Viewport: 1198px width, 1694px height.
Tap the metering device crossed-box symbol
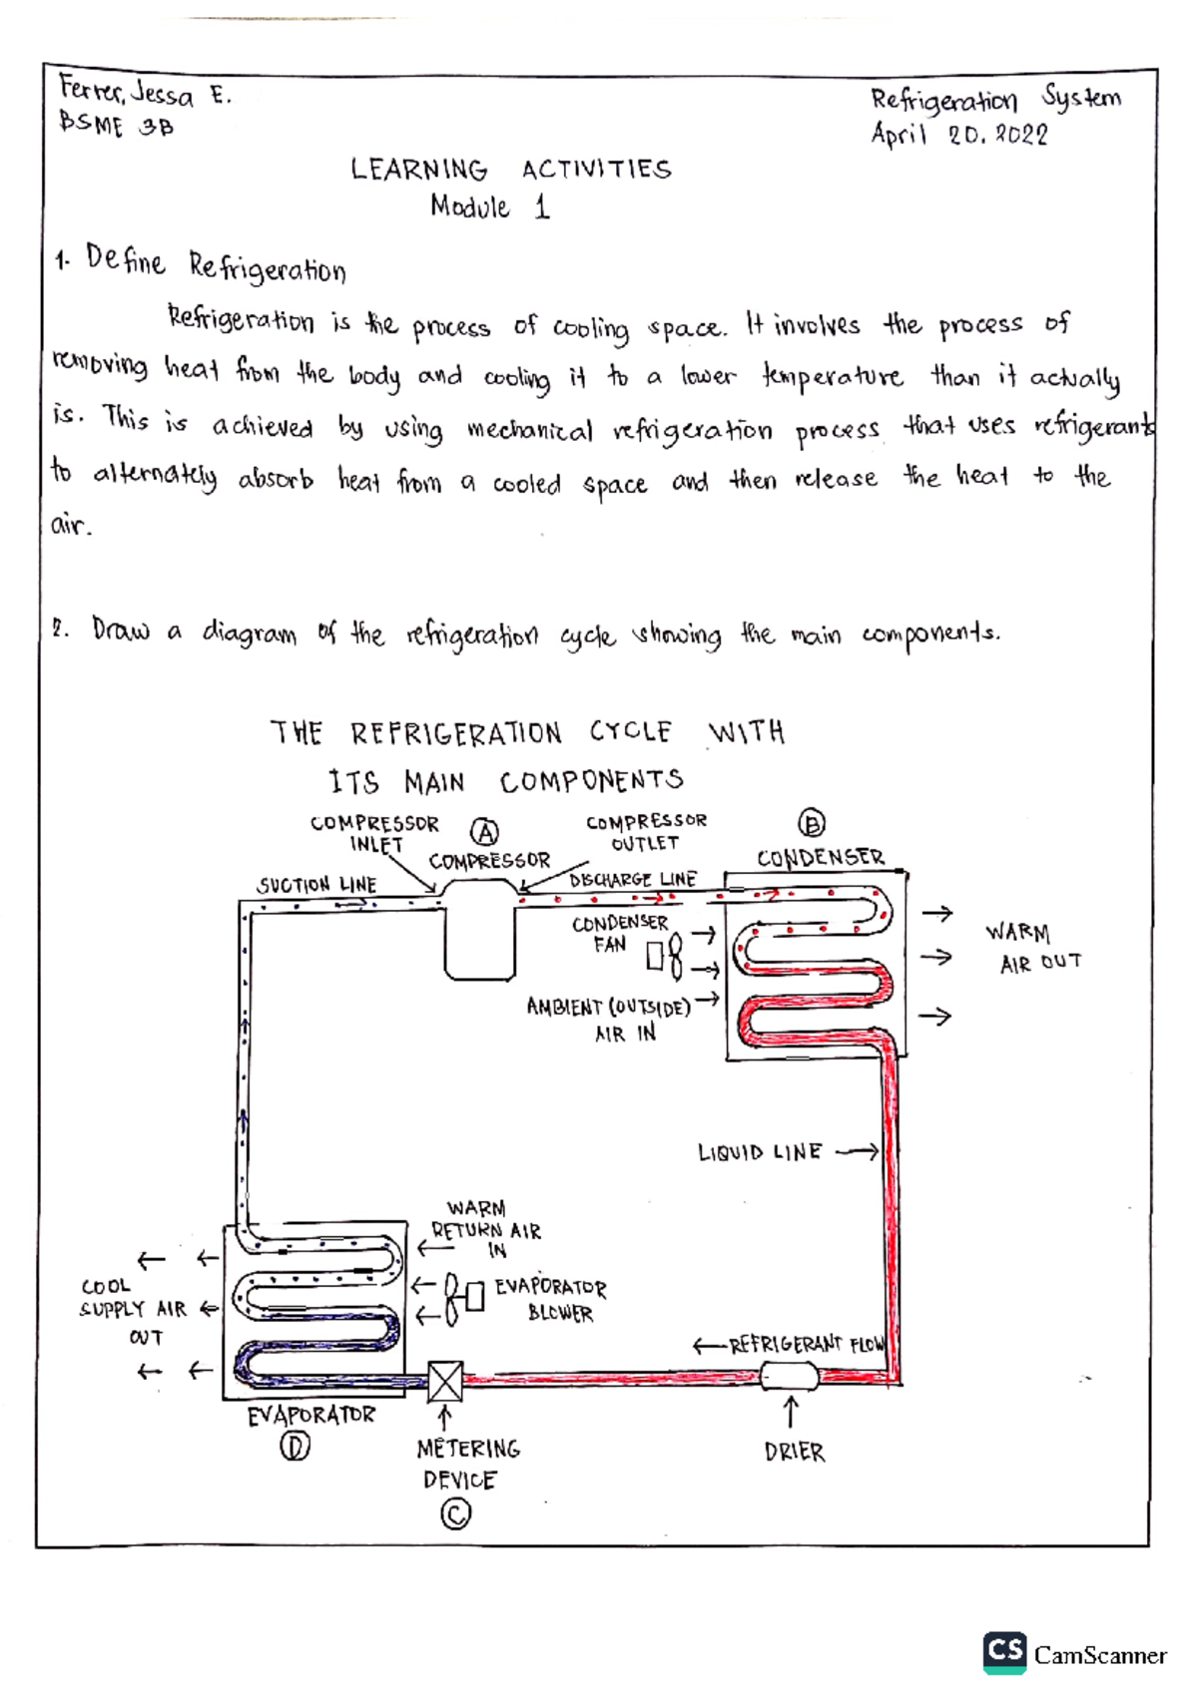pyautogui.click(x=445, y=1382)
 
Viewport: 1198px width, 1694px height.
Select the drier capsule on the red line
pyautogui.click(x=790, y=1377)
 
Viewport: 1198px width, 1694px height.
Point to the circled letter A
pyautogui.click(x=485, y=832)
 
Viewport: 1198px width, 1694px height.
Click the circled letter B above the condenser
pyautogui.click(x=812, y=824)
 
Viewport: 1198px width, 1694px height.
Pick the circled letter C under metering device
pyautogui.click(x=455, y=1515)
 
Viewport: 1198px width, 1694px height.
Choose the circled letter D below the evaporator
pyautogui.click(x=295, y=1446)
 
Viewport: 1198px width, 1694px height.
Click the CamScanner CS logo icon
pyautogui.click(x=1004, y=1652)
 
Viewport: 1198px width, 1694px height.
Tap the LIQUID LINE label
pyautogui.click(x=760, y=1153)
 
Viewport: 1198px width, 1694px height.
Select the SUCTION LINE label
pyautogui.click(x=316, y=885)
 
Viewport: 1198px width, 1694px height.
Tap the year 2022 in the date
pyautogui.click(x=1020, y=135)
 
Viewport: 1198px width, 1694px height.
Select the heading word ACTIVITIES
pyautogui.click(x=596, y=170)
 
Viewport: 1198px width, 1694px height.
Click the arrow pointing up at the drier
pyautogui.click(x=791, y=1412)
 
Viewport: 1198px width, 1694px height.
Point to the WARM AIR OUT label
pyautogui.click(x=1033, y=947)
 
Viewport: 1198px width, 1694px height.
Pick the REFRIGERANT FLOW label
pyautogui.click(x=806, y=1345)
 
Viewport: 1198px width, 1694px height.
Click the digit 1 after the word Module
pyautogui.click(x=542, y=208)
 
